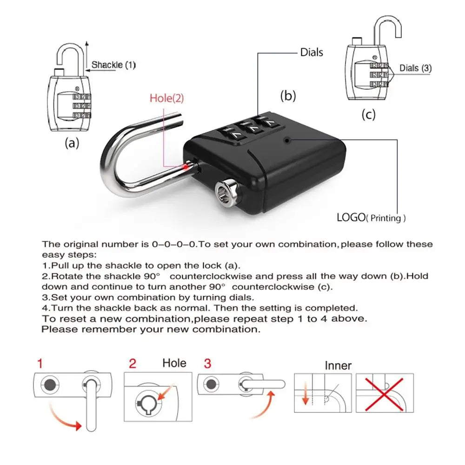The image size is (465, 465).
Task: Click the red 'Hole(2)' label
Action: click(166, 98)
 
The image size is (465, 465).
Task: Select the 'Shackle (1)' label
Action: click(113, 65)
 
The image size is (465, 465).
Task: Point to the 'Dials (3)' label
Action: click(415, 68)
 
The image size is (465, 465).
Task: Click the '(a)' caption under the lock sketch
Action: click(71, 143)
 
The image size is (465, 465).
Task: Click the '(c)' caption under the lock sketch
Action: click(368, 114)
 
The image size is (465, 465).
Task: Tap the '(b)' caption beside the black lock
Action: click(288, 96)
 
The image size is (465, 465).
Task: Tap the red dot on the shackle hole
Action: click(186, 165)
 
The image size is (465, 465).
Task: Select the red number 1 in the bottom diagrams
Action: click(40, 363)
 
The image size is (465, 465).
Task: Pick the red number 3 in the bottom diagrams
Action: click(207, 363)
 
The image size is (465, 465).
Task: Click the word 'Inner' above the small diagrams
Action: click(338, 365)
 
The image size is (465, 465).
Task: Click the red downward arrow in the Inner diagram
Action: click(305, 395)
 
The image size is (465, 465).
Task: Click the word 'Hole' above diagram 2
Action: click(174, 363)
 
